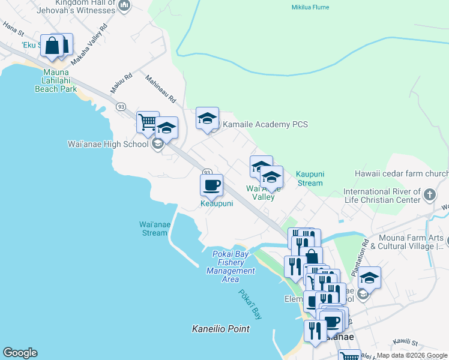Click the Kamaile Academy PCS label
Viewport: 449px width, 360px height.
pyautogui.click(x=265, y=124)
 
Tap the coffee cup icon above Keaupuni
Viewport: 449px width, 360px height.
pyautogui.click(x=211, y=185)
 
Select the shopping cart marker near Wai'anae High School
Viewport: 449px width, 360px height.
pyautogui.click(x=147, y=122)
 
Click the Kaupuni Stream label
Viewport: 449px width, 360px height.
pyautogui.click(x=310, y=178)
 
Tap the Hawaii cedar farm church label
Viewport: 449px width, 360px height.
pyautogui.click(x=405, y=173)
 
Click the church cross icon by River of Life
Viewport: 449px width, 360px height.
pyautogui.click(x=429, y=195)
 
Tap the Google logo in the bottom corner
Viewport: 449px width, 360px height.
pyautogui.click(x=20, y=353)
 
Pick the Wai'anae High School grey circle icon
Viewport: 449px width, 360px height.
pyautogui.click(x=157, y=144)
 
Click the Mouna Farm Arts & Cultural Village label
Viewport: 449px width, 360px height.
pyautogui.click(x=407, y=242)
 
